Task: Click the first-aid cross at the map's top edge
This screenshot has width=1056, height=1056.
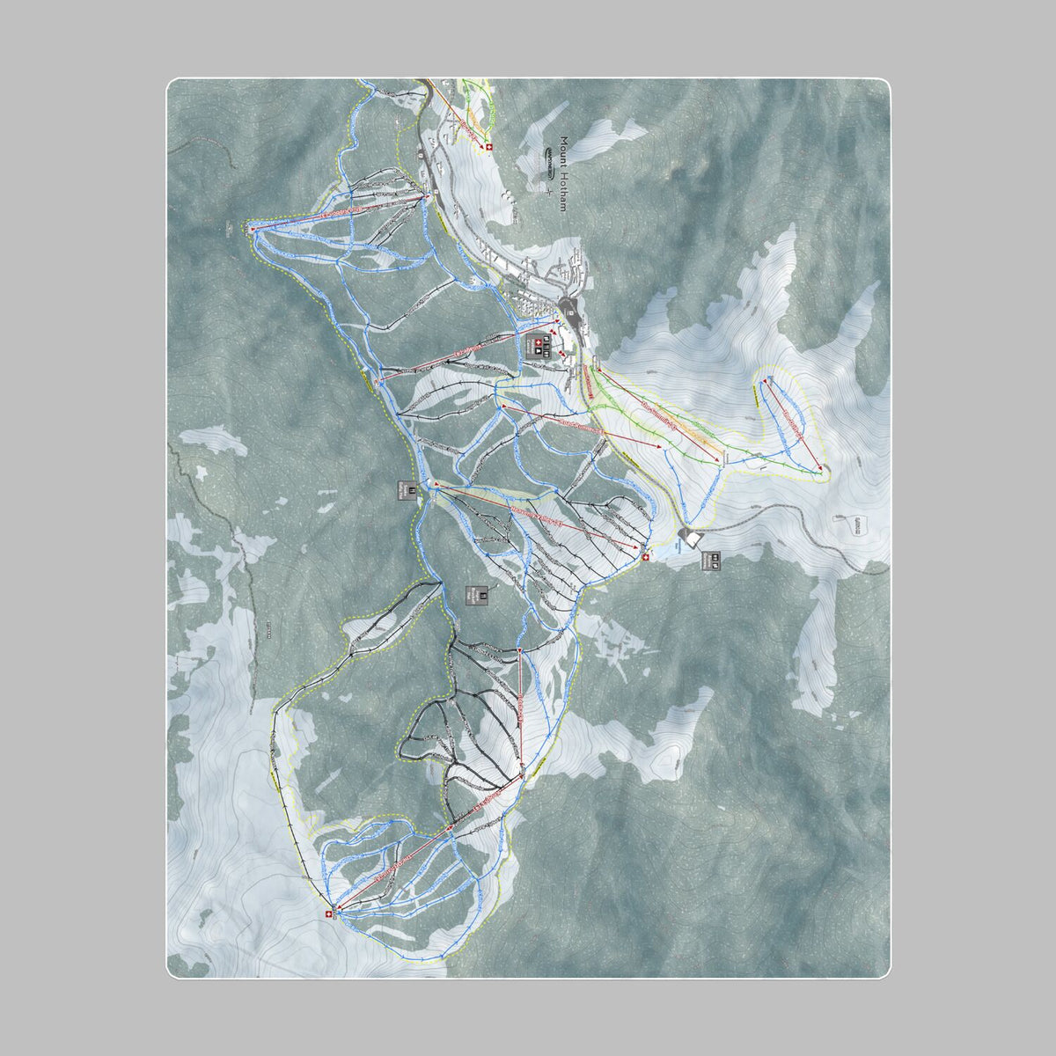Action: pyautogui.click(x=489, y=147)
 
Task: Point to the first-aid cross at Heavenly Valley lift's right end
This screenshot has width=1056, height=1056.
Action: pyautogui.click(x=647, y=556)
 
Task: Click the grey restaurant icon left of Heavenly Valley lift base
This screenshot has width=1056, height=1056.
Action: pyautogui.click(x=407, y=489)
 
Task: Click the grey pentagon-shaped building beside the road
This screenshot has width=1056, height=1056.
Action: pyautogui.click(x=692, y=537)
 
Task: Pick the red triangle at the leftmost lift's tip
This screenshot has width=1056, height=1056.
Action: pyautogui.click(x=253, y=229)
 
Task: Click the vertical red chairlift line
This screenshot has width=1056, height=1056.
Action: pyautogui.click(x=521, y=713)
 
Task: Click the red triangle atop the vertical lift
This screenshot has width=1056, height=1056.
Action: pyautogui.click(x=520, y=652)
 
